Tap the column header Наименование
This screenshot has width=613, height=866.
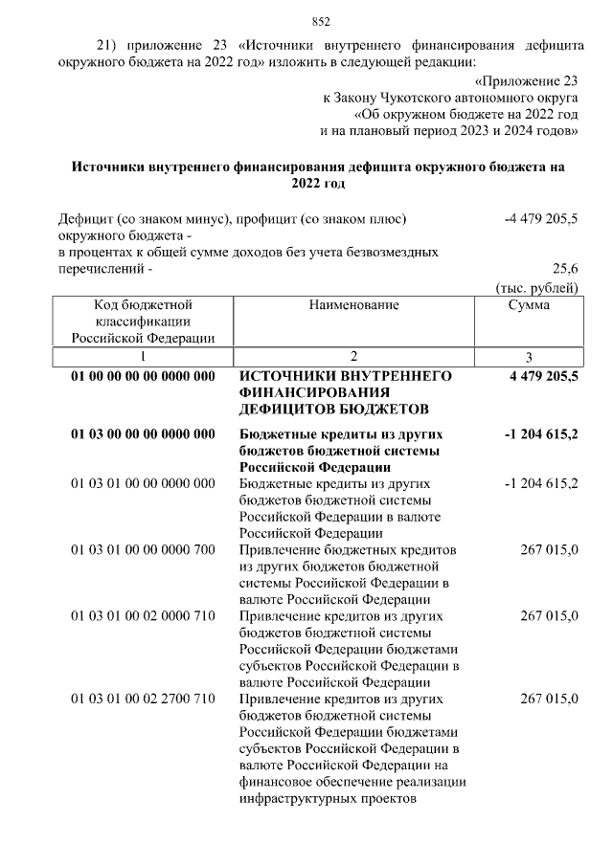pos(353,304)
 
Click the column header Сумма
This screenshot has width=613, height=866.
pos(529,304)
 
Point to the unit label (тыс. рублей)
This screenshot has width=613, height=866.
pos(535,286)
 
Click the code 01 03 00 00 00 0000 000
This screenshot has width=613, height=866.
pos(143,433)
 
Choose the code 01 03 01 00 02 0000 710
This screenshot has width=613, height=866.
pos(143,615)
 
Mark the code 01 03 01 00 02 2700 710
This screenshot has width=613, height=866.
pos(143,699)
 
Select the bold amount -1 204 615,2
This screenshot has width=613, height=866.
pos(540,433)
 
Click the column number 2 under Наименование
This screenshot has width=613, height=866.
pos(353,356)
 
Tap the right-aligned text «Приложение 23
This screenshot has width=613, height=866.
pos(528,80)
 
